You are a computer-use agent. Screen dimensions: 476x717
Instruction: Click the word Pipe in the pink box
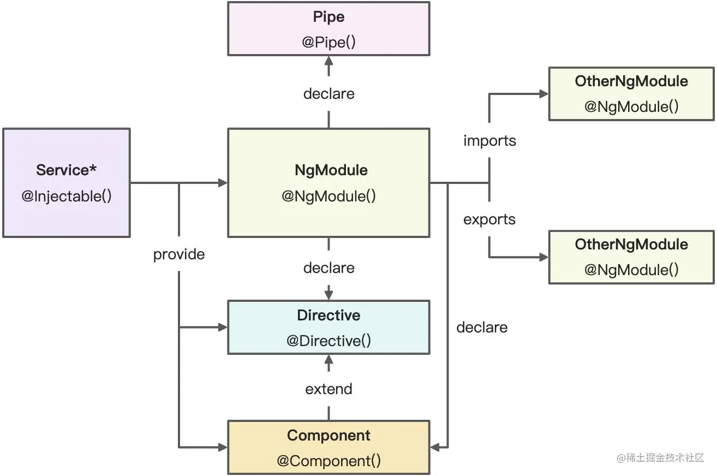pyautogui.click(x=328, y=17)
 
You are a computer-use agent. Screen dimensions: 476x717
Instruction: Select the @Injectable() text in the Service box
pyautogui.click(x=67, y=197)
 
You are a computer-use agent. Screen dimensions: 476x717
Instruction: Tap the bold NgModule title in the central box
pyautogui.click(x=331, y=170)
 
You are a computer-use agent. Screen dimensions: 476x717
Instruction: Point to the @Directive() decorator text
pyautogui.click(x=328, y=341)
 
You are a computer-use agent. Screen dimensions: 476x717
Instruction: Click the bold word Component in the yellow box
pyautogui.click(x=328, y=436)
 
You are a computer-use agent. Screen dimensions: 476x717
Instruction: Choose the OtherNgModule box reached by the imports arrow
pyautogui.click(x=631, y=93)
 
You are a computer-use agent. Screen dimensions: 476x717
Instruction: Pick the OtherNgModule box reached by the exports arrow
pyautogui.click(x=631, y=257)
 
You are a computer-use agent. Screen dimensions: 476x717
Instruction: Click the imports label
pyautogui.click(x=489, y=141)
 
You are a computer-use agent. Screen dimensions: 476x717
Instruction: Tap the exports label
pyautogui.click(x=489, y=219)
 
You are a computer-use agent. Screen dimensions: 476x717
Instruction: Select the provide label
pyautogui.click(x=179, y=254)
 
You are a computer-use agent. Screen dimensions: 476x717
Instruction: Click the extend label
pyautogui.click(x=328, y=389)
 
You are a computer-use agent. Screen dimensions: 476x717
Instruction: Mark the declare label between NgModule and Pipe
pyautogui.click(x=328, y=94)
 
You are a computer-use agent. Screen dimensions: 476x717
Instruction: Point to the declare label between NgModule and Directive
pyautogui.click(x=328, y=268)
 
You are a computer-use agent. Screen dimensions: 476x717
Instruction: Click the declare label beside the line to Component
pyautogui.click(x=482, y=328)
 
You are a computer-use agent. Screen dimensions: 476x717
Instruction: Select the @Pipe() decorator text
pyautogui.click(x=328, y=43)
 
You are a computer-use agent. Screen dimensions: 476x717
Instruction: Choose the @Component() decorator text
pyautogui.click(x=328, y=461)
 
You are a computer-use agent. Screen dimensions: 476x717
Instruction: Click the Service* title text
pyautogui.click(x=67, y=170)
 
